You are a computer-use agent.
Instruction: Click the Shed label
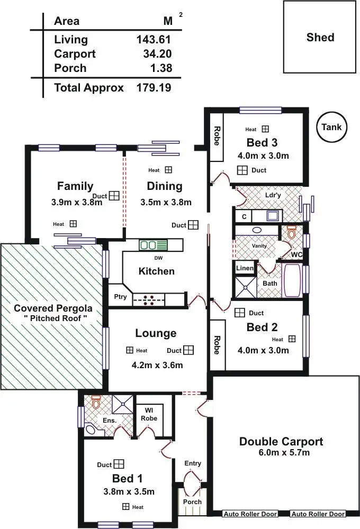320,37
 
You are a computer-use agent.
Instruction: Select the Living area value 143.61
154,40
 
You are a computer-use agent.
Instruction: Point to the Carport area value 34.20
157,53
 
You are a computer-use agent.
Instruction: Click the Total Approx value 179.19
154,88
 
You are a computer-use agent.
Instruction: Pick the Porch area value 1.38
161,68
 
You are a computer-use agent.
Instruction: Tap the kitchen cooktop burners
149,300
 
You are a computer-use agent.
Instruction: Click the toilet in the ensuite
96,403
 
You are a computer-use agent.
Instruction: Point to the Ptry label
120,297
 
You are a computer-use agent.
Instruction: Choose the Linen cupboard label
245,268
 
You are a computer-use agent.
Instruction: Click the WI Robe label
149,414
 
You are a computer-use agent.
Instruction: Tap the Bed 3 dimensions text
263,156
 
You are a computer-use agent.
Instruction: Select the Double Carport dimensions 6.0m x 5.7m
284,452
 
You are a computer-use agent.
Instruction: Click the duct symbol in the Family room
114,196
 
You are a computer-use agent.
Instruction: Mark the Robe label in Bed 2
217,345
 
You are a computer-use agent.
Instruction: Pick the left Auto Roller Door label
250,514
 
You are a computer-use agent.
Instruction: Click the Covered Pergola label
53,308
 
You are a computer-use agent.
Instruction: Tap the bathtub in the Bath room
292,280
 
